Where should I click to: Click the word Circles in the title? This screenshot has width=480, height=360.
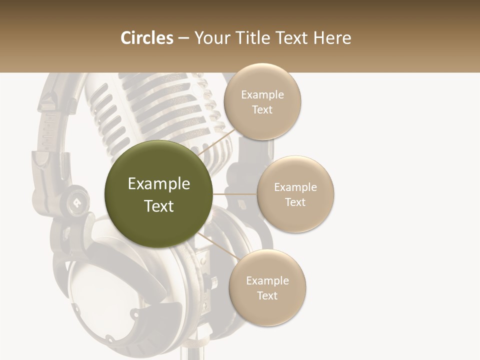[x=146, y=38]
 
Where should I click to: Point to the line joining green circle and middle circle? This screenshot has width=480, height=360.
[x=235, y=194]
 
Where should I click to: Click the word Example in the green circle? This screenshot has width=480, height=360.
[x=158, y=184]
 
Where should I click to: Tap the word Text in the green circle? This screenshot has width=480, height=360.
[x=158, y=206]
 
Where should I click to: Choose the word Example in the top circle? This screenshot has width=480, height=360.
[x=262, y=95]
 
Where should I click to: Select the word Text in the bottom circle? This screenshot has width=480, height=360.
[x=267, y=295]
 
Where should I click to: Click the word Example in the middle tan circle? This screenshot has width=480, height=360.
[x=295, y=187]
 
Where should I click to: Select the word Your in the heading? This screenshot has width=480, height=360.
[x=210, y=38]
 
